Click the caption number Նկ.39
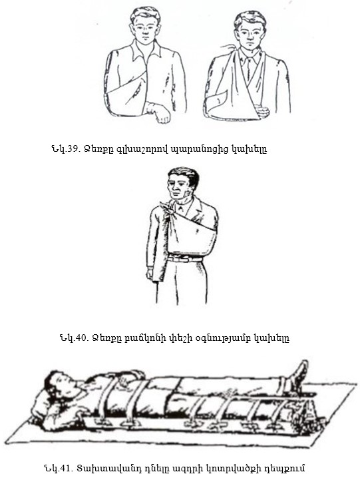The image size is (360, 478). (65, 149)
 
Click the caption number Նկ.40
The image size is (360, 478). (74, 338)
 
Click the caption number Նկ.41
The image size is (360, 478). (57, 467)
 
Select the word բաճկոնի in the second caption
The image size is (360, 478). (148, 338)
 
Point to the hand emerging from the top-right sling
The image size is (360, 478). (262, 111)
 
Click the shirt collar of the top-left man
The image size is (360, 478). (146, 48)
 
